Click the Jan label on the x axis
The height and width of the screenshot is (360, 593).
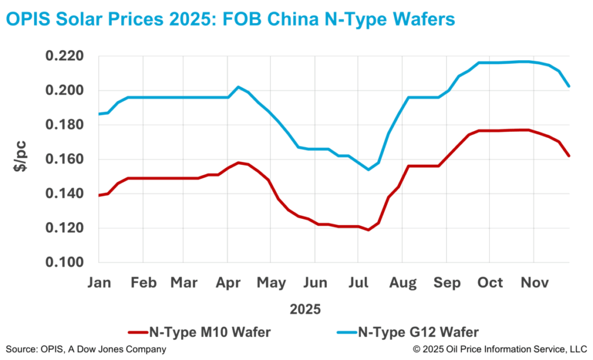point(99,283)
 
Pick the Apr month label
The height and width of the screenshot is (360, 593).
point(228,283)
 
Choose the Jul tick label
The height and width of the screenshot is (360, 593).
point(359,283)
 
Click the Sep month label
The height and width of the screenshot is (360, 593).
point(446,283)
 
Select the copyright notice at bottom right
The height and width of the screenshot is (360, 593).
point(499,349)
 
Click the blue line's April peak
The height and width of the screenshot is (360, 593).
point(238,87)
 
